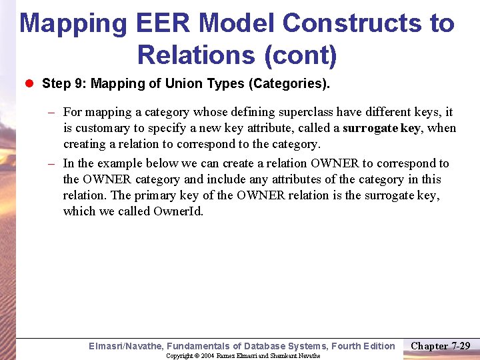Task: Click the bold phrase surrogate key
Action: (381, 128)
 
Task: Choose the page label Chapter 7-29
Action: (441, 345)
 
